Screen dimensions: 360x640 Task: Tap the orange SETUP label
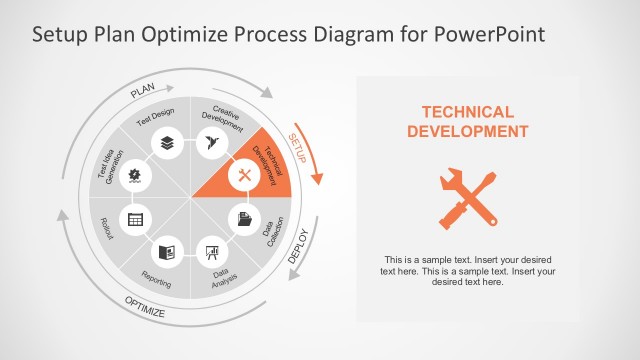pos(298,143)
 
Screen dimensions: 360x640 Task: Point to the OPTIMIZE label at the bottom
pos(145,305)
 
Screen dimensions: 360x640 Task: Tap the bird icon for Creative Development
pos(210,144)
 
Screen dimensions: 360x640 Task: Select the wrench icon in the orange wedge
pos(243,176)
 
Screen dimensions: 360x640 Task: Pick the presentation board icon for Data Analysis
pos(211,251)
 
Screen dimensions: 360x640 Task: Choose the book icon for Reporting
pos(166,251)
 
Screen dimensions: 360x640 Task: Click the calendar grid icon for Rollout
pos(134,219)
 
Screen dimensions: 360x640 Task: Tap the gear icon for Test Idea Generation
pos(134,176)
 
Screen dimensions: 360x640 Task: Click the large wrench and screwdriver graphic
pos(467,196)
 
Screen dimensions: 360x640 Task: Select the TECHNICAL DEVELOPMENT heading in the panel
pos(467,121)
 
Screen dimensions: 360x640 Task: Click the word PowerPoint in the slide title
pos(491,33)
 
